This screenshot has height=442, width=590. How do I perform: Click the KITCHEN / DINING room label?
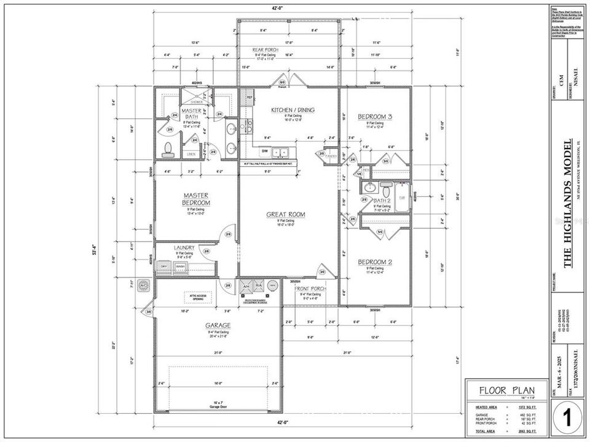tap(293, 110)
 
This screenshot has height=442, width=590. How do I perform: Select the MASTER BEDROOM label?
tap(197, 200)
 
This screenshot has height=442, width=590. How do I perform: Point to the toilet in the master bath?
tap(167, 148)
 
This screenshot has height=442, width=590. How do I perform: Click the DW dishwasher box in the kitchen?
tap(265, 150)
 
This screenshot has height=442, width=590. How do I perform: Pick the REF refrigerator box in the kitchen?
tap(250, 97)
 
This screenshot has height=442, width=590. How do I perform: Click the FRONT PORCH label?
tap(310, 289)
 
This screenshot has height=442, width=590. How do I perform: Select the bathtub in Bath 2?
tap(402, 198)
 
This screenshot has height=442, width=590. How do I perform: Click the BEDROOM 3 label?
tap(374, 117)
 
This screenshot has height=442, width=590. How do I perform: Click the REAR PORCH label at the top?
tap(267, 49)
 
